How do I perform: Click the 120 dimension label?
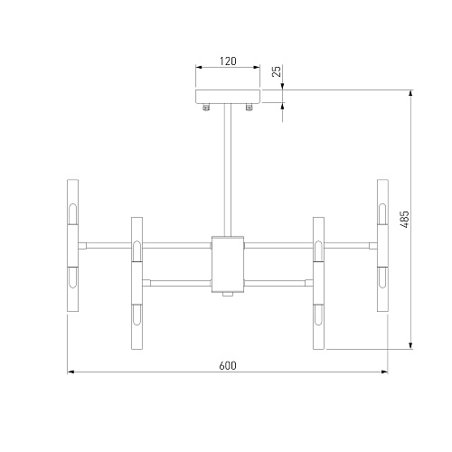228,61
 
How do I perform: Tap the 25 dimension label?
277,71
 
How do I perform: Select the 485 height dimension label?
405,219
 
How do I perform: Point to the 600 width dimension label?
228,365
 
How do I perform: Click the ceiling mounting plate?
228,96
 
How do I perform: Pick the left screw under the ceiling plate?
206,107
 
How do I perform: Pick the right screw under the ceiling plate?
249,107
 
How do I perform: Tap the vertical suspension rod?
228,170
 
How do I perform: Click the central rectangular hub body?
228,264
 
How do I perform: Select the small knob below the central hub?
228,295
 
